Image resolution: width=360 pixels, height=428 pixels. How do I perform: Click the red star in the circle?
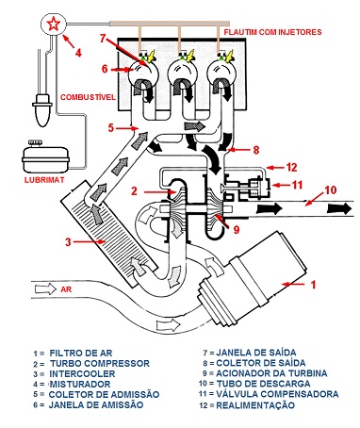pyautogui.click(x=53, y=24)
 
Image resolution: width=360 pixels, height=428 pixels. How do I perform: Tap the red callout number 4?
pyautogui.click(x=78, y=53)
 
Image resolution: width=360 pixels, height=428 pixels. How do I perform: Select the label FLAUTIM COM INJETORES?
pyautogui.click(x=272, y=32)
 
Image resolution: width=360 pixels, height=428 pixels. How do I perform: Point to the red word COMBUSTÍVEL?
pyautogui.click(x=88, y=97)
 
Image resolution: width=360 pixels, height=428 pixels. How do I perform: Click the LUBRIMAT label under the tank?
pyautogui.click(x=44, y=180)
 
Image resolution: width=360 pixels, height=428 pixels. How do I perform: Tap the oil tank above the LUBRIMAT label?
pyautogui.click(x=45, y=156)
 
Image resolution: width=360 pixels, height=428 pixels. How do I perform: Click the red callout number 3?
pyautogui.click(x=68, y=242)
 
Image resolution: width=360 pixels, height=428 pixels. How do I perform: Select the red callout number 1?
pyautogui.click(x=313, y=285)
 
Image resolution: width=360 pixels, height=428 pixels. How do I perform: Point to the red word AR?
pyautogui.click(x=66, y=288)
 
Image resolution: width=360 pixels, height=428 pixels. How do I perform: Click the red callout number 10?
pyautogui.click(x=330, y=189)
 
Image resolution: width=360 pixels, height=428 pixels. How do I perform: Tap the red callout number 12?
pyautogui.click(x=292, y=167)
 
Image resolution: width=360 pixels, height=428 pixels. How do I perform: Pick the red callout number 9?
pyautogui.click(x=237, y=229)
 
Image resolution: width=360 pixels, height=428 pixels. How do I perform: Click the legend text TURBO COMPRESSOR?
pyautogui.click(x=100, y=364)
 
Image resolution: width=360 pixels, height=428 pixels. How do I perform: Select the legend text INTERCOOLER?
pyautogui.click(x=82, y=374)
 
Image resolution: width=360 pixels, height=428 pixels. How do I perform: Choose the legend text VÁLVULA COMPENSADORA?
pyautogui.click(x=277, y=394)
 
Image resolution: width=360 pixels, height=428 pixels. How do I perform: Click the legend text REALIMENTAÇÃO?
pyautogui.click(x=255, y=405)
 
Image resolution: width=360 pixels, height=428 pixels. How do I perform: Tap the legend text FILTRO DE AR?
pyautogui.click(x=81, y=354)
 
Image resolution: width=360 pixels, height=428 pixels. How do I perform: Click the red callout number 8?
pyautogui.click(x=256, y=150)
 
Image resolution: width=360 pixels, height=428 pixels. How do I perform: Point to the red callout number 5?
pyautogui.click(x=111, y=128)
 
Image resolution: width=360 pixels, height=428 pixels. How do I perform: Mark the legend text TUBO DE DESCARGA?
pyautogui.click(x=263, y=384)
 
